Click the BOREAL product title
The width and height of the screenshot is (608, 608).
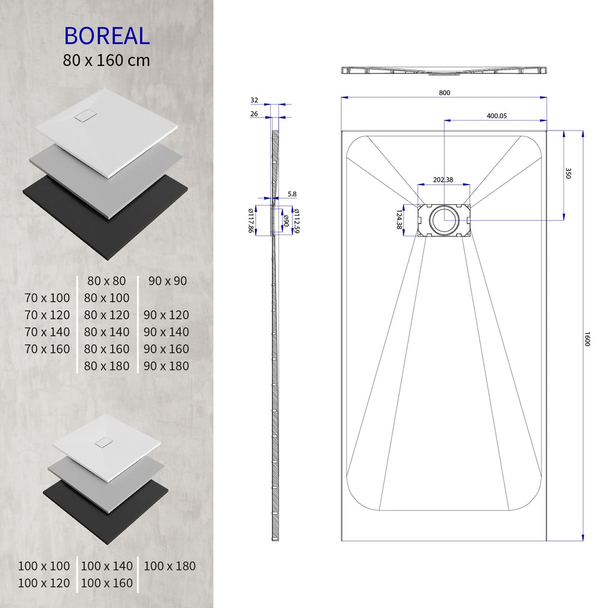(107, 36)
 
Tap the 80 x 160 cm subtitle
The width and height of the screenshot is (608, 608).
(107, 61)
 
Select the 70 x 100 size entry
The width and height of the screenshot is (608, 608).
(47, 298)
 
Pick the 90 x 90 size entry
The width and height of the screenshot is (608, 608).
(167, 281)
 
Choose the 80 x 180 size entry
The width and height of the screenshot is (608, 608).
(107, 366)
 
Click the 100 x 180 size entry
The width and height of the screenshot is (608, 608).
(169, 566)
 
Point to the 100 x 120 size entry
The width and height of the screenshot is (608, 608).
(44, 584)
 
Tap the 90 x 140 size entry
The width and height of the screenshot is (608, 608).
(166, 332)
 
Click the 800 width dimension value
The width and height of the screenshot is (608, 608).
(445, 93)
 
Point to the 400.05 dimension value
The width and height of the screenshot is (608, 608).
(496, 116)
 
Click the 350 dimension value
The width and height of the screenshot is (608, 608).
(568, 173)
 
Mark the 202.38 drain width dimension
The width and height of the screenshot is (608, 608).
(443, 180)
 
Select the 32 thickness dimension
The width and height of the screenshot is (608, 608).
(254, 100)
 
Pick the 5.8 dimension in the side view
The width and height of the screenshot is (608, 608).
(292, 194)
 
